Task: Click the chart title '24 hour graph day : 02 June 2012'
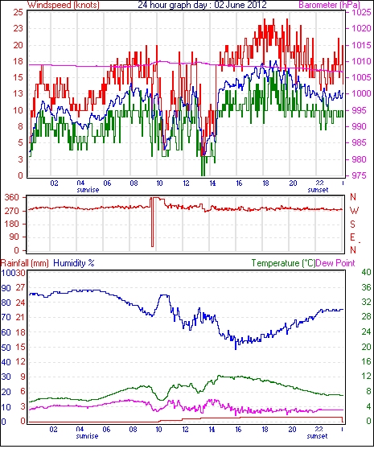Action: [x=202, y=5]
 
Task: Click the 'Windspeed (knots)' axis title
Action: [x=64, y=5]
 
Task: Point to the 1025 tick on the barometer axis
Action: [x=361, y=12]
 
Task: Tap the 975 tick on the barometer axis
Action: [x=360, y=175]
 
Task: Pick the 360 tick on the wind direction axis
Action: [x=12, y=198]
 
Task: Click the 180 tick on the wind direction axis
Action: [x=12, y=224]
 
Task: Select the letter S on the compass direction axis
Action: [x=352, y=224]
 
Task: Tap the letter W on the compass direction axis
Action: [x=354, y=211]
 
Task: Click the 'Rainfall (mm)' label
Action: [x=25, y=263]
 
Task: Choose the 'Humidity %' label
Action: [x=74, y=263]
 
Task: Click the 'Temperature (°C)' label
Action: [x=283, y=263]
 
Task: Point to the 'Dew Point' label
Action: [x=335, y=263]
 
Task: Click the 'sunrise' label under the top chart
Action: [x=88, y=190]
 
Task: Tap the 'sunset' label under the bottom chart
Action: [x=317, y=435]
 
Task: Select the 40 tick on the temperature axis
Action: [x=366, y=272]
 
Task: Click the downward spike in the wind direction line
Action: [x=153, y=222]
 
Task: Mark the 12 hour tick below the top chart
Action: [x=186, y=183]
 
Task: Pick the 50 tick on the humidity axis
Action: [x=6, y=348]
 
